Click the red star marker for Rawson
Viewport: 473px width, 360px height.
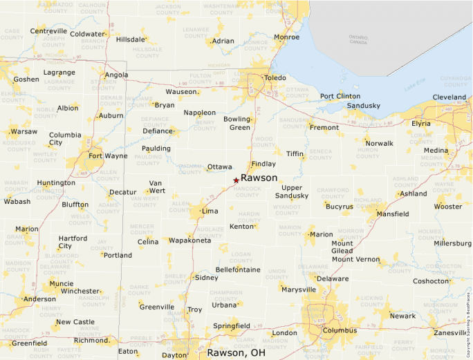tap(236, 180)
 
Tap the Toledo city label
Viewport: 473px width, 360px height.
tap(275, 78)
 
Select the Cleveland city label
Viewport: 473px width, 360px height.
tap(449, 97)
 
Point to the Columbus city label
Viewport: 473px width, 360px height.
tap(340, 330)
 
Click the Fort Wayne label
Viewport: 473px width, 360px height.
tap(108, 155)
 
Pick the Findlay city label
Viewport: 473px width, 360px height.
tap(263, 164)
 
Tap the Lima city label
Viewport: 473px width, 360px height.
tap(210, 211)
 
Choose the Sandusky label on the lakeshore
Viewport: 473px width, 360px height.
tap(364, 106)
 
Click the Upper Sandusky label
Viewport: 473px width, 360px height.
tap(292, 191)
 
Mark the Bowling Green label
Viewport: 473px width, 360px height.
tap(236, 123)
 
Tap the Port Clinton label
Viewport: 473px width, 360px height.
tap(340, 96)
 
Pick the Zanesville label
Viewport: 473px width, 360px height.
tap(450, 332)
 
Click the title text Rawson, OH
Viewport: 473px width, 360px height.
tap(236, 352)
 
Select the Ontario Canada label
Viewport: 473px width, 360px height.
tap(358, 39)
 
